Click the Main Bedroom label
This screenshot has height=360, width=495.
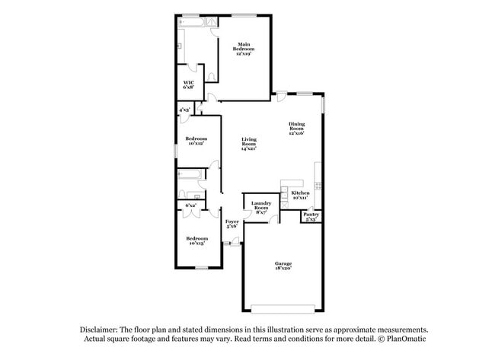[244, 49]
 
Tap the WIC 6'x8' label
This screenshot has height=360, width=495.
[187, 86]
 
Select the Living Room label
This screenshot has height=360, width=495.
[248, 144]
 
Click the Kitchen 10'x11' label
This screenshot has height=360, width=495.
[300, 196]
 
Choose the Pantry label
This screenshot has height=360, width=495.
[311, 216]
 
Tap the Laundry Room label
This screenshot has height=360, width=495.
[261, 208]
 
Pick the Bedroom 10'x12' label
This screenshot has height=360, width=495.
[196, 141]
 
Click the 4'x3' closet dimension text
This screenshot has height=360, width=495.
[184, 110]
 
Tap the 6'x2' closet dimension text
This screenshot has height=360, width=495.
[190, 205]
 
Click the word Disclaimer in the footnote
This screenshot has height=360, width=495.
[104, 328]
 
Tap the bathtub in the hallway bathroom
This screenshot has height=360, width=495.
[188, 180]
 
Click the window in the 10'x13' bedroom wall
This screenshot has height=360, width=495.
[201, 268]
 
